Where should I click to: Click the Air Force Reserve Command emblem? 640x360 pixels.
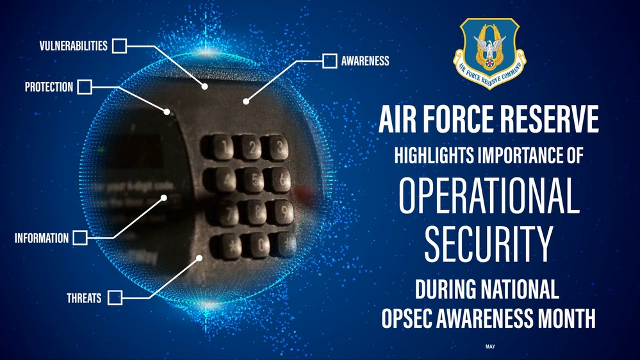tap(489, 53)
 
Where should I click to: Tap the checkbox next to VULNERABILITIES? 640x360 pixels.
tap(119, 45)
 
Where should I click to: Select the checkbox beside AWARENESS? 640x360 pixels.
tap(329, 61)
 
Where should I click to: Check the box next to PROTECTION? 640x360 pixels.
tap(85, 86)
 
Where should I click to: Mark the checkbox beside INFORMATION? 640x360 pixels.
tap(80, 238)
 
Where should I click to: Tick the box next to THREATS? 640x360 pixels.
tap(115, 297)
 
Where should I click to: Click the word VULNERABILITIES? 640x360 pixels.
tap(72, 45)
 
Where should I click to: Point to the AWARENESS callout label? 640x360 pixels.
tap(365, 61)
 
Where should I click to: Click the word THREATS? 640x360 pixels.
tap(84, 298)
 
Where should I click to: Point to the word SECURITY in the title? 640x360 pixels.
tap(488, 244)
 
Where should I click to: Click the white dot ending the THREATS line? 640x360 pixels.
tap(200, 259)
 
